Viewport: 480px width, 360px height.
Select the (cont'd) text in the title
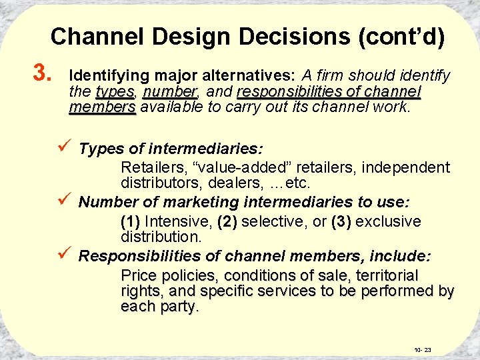point(401,36)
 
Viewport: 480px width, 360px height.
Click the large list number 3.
point(41,71)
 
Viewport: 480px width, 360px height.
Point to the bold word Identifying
point(106,75)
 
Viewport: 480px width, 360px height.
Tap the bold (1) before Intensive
point(131,221)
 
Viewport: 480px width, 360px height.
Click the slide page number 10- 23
point(423,349)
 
